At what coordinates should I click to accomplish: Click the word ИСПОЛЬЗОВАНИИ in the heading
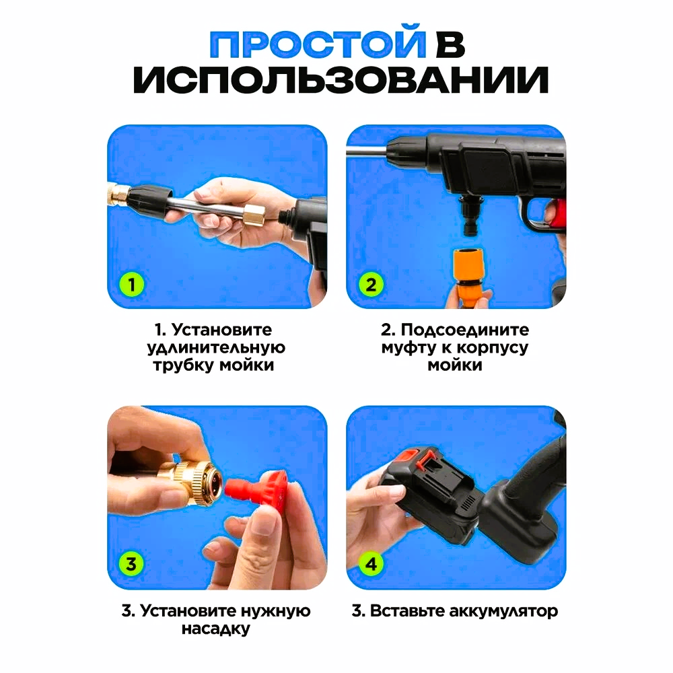[x=341, y=79]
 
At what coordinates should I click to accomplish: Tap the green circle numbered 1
[x=132, y=285]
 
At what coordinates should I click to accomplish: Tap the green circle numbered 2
[x=371, y=285]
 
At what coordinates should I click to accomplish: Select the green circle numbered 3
[x=131, y=563]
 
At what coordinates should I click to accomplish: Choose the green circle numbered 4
[x=371, y=563]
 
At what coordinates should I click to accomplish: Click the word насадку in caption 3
[x=215, y=629]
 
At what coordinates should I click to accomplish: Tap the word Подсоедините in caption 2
[x=465, y=330]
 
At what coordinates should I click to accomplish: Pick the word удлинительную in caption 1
[x=216, y=348]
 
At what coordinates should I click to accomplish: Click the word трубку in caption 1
[x=184, y=365]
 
